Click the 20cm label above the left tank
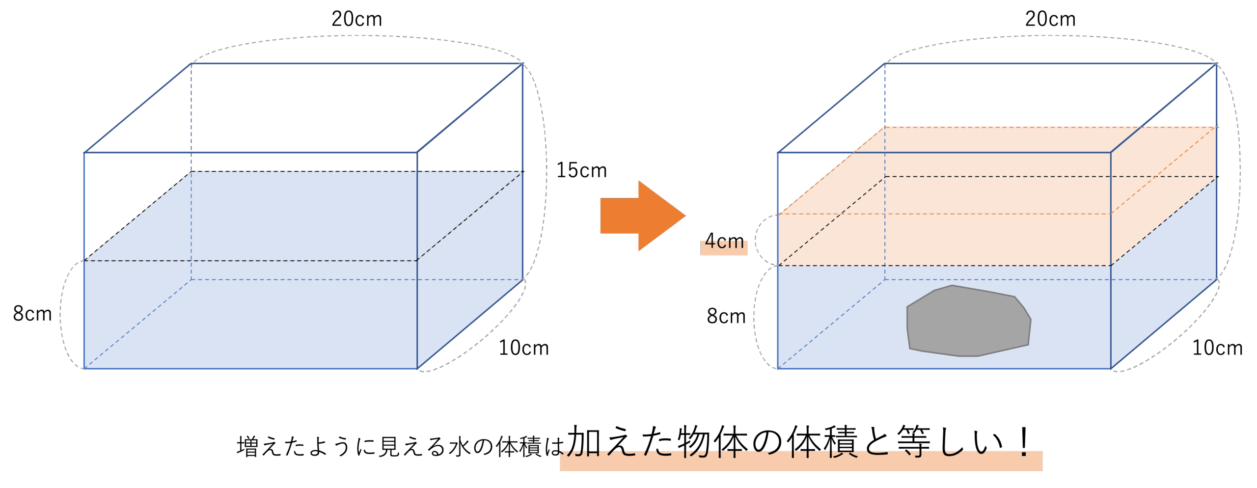coord(357,20)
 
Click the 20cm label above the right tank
coord(1050,20)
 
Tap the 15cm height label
coord(581,170)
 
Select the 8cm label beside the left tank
coord(32,314)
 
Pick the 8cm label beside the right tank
coord(726,316)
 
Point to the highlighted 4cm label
coord(724,242)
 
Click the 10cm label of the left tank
coord(524,348)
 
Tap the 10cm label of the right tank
coord(1218,348)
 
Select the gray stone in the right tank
coord(967,322)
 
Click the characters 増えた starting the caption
coord(271,447)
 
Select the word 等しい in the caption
coord(950,442)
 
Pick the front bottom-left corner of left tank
coord(84,368)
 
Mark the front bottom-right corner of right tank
coord(1111,368)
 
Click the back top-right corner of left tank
coord(522,64)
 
